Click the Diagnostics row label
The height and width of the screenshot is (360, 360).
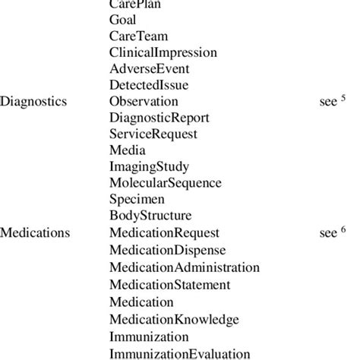click(x=33, y=102)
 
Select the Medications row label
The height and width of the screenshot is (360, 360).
click(x=35, y=233)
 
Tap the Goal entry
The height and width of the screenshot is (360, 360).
click(x=123, y=20)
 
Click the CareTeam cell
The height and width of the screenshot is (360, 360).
click(x=139, y=36)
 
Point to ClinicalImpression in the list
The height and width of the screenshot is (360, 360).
click(x=163, y=53)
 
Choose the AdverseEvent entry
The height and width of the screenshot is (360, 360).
click(x=149, y=69)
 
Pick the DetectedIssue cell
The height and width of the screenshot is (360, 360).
click(x=149, y=85)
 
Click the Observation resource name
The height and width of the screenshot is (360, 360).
click(x=144, y=102)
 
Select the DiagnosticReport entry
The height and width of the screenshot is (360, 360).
click(x=159, y=118)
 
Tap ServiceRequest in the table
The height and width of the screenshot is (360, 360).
click(x=153, y=134)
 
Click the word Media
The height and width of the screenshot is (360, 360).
click(x=127, y=150)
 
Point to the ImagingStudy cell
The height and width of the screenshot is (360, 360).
click(x=150, y=167)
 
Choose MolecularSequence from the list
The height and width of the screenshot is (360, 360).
click(x=166, y=183)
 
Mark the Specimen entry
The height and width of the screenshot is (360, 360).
click(x=137, y=200)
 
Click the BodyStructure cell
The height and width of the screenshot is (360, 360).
click(x=150, y=216)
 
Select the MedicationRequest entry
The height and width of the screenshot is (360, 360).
click(x=165, y=233)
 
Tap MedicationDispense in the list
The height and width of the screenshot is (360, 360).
click(x=168, y=250)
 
